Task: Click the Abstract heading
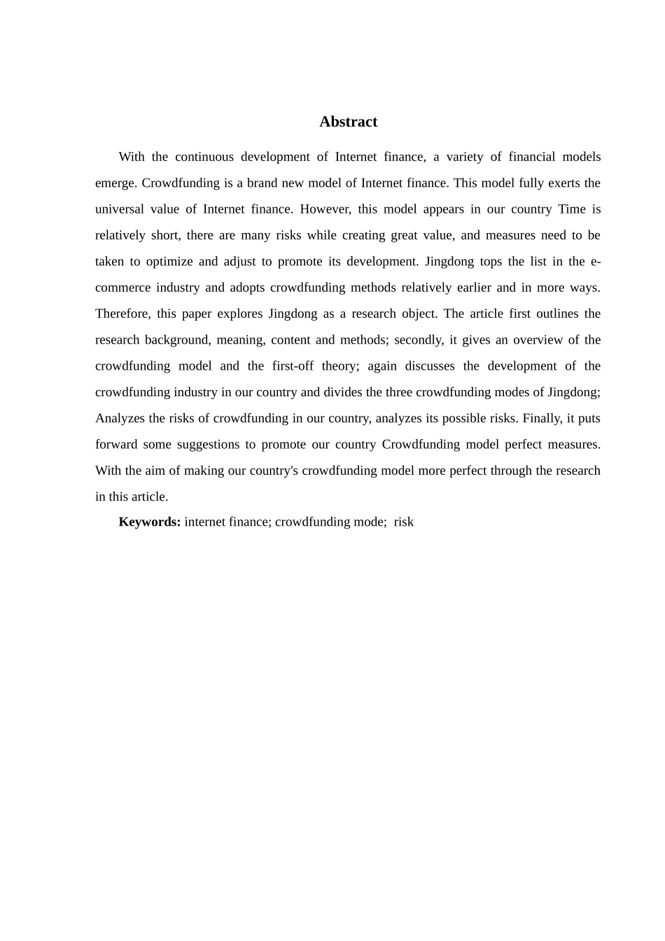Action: coord(348,122)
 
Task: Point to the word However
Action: coord(325,209)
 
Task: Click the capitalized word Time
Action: coord(572,209)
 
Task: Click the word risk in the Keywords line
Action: coord(404,522)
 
